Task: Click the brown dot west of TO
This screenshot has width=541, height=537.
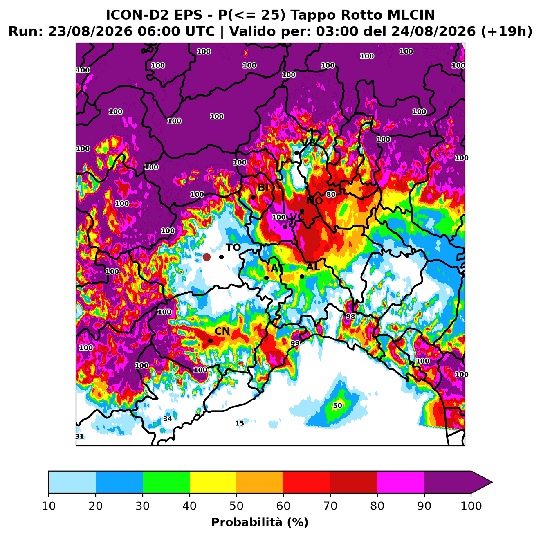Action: (207, 257)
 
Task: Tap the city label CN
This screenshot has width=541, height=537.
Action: (222, 331)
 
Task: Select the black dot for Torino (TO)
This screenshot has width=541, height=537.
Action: (221, 257)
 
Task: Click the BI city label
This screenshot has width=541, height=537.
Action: (263, 187)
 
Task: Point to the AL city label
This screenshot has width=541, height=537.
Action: (313, 267)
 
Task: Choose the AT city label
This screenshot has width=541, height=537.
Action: (277, 268)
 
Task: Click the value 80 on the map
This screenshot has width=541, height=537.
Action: (331, 194)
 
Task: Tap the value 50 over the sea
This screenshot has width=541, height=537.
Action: (337, 406)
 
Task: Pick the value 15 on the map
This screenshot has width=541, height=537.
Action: (240, 423)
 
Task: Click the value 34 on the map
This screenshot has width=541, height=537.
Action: (168, 419)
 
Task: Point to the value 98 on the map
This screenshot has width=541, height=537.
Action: (350, 317)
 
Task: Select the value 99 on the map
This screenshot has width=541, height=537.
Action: (295, 343)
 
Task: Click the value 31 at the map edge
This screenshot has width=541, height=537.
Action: (79, 436)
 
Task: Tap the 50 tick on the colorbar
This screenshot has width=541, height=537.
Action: (236, 506)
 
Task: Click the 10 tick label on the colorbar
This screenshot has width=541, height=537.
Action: (49, 506)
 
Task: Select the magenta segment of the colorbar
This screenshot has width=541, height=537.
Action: (401, 482)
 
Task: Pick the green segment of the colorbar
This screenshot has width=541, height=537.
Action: (166, 482)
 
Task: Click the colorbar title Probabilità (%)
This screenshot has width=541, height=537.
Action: (260, 522)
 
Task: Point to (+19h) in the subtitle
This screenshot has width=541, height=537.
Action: (507, 31)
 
